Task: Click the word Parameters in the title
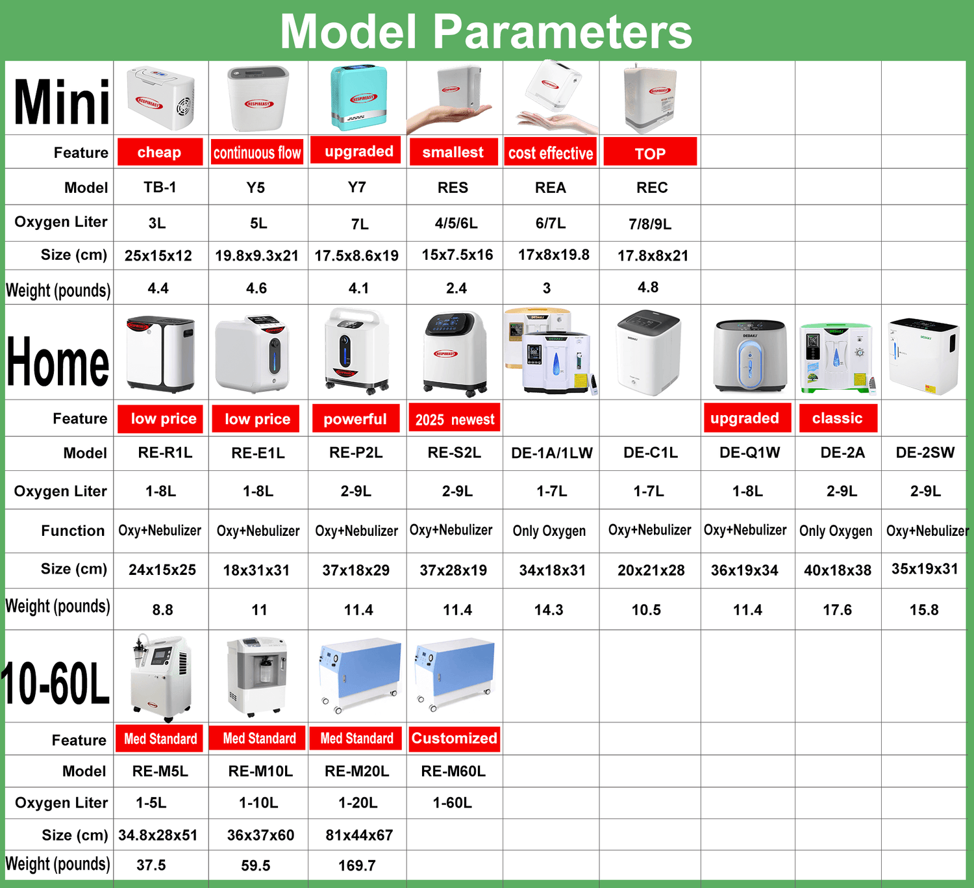pos(562,31)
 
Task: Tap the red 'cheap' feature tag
pos(160,152)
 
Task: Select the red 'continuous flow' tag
pos(257,153)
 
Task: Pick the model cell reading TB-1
pos(160,187)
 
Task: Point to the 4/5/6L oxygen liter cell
pos(456,223)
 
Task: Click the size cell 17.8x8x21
pos(653,255)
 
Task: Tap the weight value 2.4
pos(456,288)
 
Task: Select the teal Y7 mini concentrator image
pos(358,97)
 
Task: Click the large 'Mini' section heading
pos(62,102)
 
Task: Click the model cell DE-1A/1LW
pos(551,453)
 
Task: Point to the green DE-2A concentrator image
pos(837,358)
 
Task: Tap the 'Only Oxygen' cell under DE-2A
pos(836,531)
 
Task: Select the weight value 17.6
pos(837,609)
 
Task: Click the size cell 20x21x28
pos(651,570)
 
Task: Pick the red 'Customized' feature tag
pos(454,739)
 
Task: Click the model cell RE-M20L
pos(357,771)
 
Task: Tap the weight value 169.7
pos(357,865)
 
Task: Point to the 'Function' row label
pos(73,531)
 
